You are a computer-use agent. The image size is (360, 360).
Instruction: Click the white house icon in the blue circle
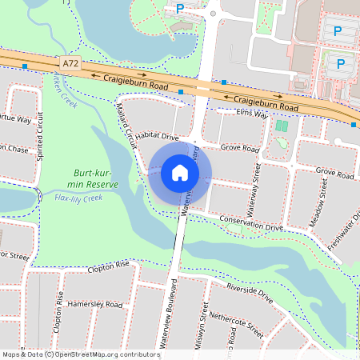pos(180,172)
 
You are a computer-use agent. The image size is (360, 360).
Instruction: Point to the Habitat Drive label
pos(157,137)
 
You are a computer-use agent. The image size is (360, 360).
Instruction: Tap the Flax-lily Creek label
pos(78,197)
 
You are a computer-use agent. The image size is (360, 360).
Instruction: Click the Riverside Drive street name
pos(250,294)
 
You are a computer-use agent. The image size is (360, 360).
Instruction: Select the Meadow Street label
pos(318,203)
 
